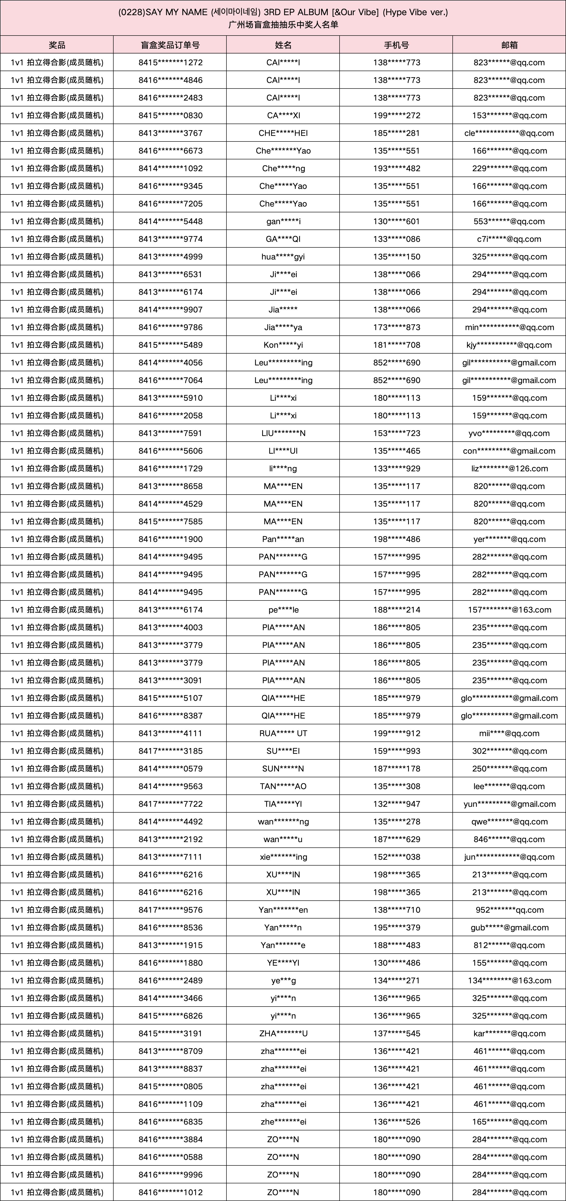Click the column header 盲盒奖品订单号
click(x=170, y=45)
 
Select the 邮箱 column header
click(x=509, y=45)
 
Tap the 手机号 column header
click(x=396, y=45)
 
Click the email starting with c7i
click(x=509, y=239)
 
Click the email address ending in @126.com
click(x=509, y=468)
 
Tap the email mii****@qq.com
click(x=509, y=733)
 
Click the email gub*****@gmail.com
click(x=509, y=927)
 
